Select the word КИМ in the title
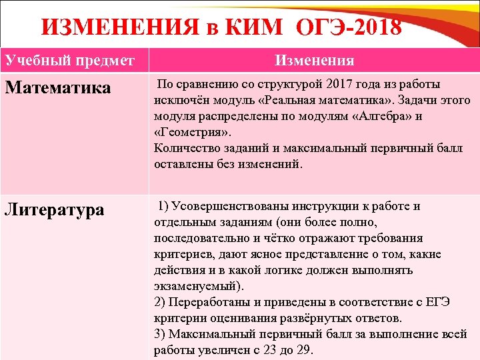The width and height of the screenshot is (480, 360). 253,27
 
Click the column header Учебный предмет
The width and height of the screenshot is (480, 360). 70,61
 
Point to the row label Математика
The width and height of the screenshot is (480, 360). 58,88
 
